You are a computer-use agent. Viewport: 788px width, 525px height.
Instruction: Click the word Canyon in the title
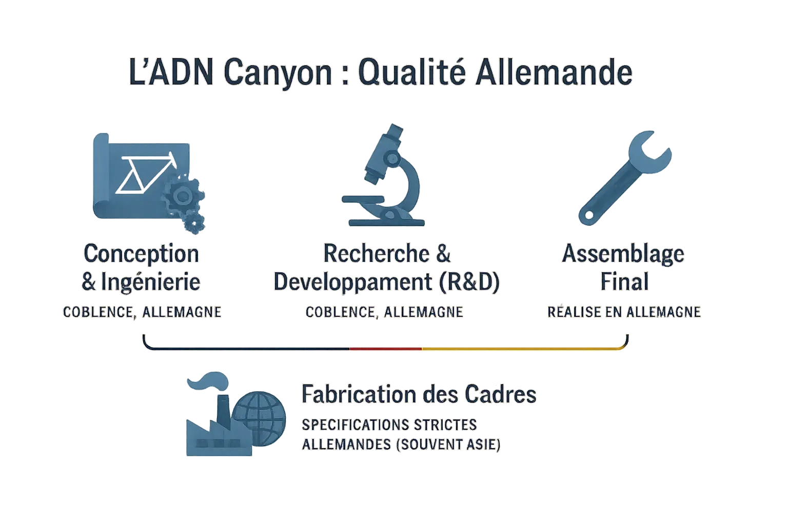coord(278,73)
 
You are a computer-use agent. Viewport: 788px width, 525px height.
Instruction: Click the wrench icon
coord(625,178)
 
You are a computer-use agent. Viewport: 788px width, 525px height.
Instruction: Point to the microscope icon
coord(383,175)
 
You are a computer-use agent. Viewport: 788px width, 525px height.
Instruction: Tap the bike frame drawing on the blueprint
coord(146,173)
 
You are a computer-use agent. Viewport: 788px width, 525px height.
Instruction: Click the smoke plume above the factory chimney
coord(208,380)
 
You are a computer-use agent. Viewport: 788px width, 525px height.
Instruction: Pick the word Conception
coord(142,254)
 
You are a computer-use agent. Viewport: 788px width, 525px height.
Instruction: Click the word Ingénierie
coord(151,281)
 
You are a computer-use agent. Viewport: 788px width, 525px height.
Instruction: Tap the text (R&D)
coord(469,282)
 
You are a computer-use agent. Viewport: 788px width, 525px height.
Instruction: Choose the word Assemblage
coord(623,254)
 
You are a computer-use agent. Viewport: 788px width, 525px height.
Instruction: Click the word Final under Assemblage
coord(624,281)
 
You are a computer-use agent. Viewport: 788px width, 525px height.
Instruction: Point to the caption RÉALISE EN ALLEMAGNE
coord(624,312)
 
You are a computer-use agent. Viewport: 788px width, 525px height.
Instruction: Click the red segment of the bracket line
coord(386,349)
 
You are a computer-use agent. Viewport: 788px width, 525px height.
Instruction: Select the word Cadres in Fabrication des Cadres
coord(501,394)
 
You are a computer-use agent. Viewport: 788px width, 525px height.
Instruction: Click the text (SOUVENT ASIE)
coord(448,445)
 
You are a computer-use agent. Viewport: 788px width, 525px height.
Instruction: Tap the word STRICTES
coord(445,425)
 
